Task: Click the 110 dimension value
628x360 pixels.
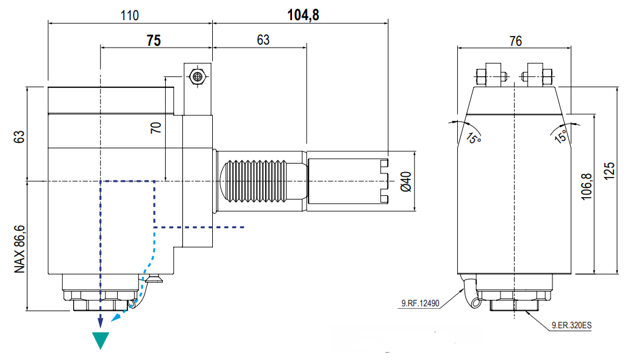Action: [130, 16]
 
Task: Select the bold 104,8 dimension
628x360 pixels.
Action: [303, 15]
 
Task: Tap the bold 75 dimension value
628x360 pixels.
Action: [154, 40]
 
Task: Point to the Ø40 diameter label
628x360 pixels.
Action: [405, 182]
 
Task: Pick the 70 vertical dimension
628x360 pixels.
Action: [156, 128]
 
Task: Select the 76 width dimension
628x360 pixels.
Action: [515, 41]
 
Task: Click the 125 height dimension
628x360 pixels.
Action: [609, 171]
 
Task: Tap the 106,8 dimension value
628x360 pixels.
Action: [586, 187]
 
